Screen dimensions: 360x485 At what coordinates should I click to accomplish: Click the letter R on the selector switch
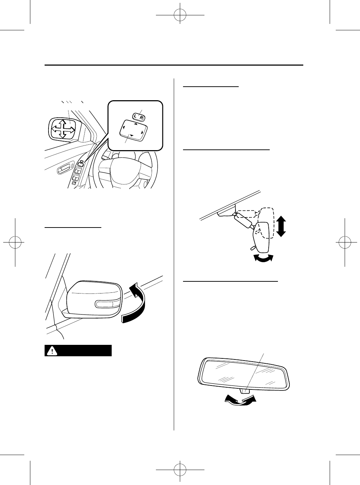pyautogui.click(x=142, y=117)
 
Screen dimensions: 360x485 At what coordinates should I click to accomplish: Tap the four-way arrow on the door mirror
pyautogui.click(x=63, y=129)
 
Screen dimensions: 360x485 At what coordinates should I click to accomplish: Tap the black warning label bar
pyautogui.click(x=78, y=351)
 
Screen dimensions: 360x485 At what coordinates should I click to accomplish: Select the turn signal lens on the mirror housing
pyautogui.click(x=107, y=304)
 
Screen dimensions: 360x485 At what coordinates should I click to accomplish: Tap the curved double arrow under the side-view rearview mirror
pyautogui.click(x=263, y=258)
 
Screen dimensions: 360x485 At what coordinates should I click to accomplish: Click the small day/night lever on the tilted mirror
pyautogui.click(x=252, y=247)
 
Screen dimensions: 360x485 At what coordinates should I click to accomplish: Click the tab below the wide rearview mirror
pyautogui.click(x=245, y=390)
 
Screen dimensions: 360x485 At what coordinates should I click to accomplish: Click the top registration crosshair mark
pyautogui.click(x=180, y=16)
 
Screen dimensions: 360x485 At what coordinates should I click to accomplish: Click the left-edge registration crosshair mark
pyautogui.click(x=15, y=242)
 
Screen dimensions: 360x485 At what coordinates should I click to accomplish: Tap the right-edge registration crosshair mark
pyautogui.click(x=345, y=242)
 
